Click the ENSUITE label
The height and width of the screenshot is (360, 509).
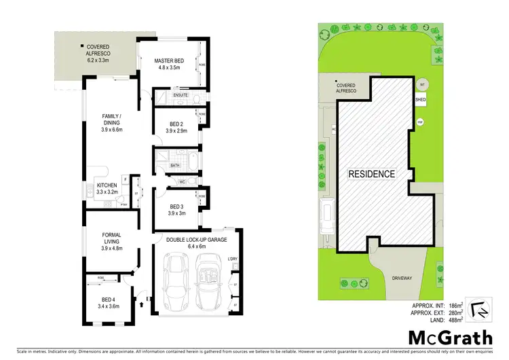click(180, 96)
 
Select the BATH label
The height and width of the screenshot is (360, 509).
click(174, 165)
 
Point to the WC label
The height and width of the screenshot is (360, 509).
click(182, 181)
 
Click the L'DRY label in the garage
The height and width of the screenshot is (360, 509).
click(233, 259)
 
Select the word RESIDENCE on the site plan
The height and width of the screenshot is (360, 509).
click(372, 174)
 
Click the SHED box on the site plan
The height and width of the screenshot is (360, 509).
click(421, 99)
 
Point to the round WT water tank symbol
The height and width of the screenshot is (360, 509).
click(423, 84)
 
